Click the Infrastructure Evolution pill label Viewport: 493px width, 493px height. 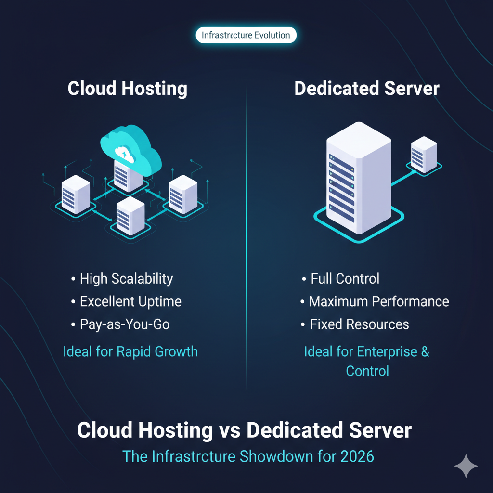coord(246,35)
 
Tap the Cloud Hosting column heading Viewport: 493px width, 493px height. coord(128,89)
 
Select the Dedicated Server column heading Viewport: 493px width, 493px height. coord(367,89)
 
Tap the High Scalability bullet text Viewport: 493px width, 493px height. coord(126,278)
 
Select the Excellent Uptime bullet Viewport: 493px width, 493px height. coord(130,302)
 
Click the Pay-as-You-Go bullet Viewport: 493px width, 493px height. coord(125,324)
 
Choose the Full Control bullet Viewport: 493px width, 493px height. coord(345,278)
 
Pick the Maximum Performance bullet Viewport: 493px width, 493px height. coord(379,302)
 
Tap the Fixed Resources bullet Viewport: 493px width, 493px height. coord(359,324)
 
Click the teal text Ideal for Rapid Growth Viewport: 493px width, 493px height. coord(130,351)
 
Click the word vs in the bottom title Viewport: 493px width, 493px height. coord(229,430)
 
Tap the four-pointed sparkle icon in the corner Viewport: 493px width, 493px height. coord(466,466)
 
